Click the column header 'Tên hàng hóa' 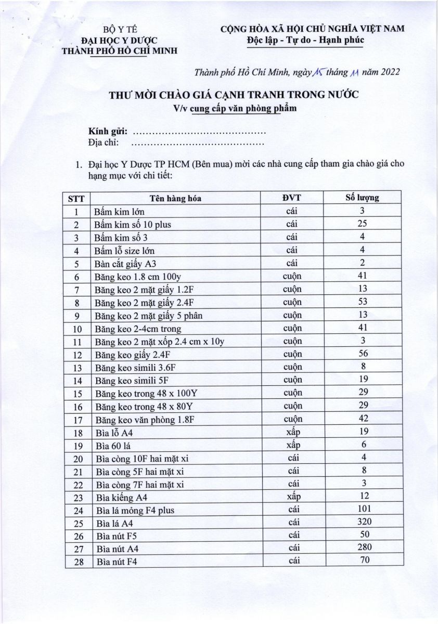(x=175, y=198)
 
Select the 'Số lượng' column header (x=363, y=198)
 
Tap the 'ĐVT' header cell (x=292, y=198)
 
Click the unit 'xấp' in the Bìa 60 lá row (x=293, y=445)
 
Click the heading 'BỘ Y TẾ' (x=119, y=30)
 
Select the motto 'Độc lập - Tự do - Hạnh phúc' (x=305, y=40)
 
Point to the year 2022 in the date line (x=389, y=72)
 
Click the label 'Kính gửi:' (x=108, y=131)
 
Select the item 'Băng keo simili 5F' (x=127, y=381)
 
